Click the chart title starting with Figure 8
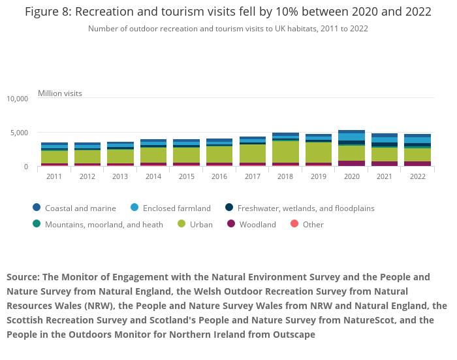tap(228, 12)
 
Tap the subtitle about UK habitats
tap(228, 29)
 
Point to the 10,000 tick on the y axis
tap(18, 99)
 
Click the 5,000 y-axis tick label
tap(20, 133)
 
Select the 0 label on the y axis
tap(26, 167)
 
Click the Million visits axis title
tap(60, 93)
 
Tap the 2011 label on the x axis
tap(54, 176)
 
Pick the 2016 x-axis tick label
tap(219, 176)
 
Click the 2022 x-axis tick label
tap(417, 176)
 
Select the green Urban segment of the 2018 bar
tap(285, 152)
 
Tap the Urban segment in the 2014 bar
tap(153, 155)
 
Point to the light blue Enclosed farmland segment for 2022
tap(417, 140)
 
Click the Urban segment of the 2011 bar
tap(54, 157)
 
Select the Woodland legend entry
tap(257, 225)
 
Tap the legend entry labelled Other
tap(313, 225)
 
